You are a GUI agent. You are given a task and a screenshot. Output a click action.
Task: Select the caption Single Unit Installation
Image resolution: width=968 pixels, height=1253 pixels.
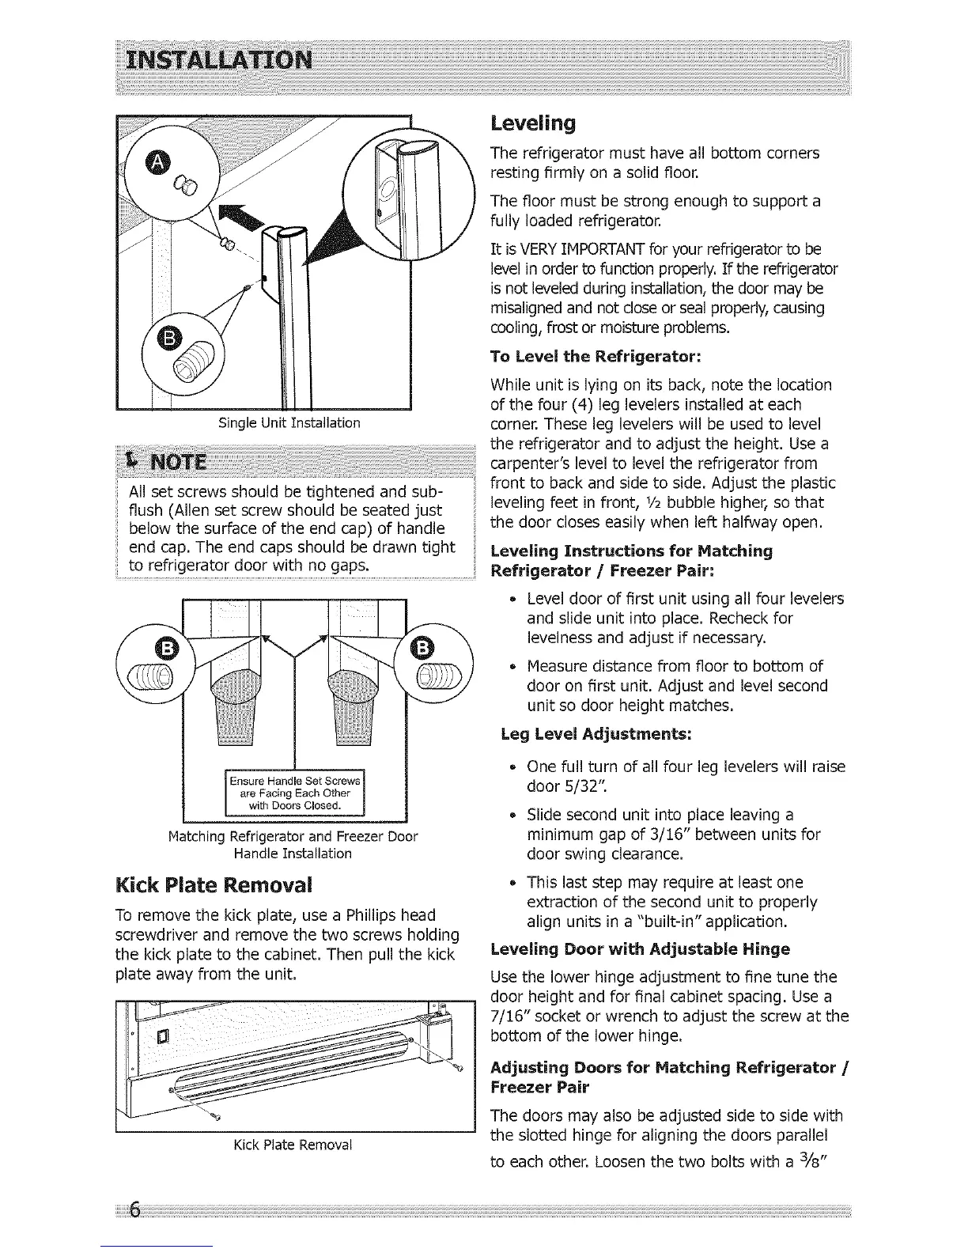coord(289,423)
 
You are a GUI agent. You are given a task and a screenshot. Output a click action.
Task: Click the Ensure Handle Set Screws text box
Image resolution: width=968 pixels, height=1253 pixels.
coord(294,789)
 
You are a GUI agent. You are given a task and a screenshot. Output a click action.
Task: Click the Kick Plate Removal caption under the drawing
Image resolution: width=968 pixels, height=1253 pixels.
coord(293,1145)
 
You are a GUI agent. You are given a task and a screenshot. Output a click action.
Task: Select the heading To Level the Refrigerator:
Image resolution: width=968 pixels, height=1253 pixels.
coord(596,356)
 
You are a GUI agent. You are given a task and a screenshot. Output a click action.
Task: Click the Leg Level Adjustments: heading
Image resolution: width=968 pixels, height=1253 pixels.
coord(596,734)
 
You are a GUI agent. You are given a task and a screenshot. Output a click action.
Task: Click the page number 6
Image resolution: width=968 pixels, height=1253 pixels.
coord(134,1210)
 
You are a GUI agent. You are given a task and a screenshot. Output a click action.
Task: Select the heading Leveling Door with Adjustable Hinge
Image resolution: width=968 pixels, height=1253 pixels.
coord(641,948)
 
